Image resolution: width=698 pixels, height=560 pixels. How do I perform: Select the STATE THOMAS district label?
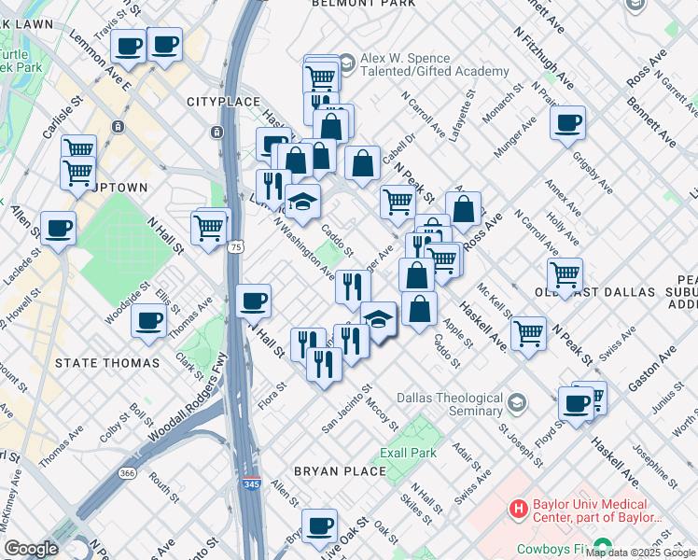pyautogui.click(x=97, y=362)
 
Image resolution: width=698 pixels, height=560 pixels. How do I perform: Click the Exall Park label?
pyautogui.click(x=408, y=453)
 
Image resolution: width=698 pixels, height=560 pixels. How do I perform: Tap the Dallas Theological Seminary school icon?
pyautogui.click(x=517, y=402)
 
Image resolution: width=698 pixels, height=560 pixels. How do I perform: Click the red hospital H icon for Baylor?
pyautogui.click(x=518, y=509)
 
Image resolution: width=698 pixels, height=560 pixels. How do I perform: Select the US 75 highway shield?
pyautogui.click(x=236, y=246)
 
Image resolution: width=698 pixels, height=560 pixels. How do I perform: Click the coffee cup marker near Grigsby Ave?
pyautogui.click(x=567, y=124)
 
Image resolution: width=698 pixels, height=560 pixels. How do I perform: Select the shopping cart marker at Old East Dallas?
pyautogui.click(x=565, y=275)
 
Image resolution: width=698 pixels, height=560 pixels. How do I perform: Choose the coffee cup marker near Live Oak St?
pyautogui.click(x=319, y=525)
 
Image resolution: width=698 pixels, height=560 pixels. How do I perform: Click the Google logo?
pyautogui.click(x=31, y=548)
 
